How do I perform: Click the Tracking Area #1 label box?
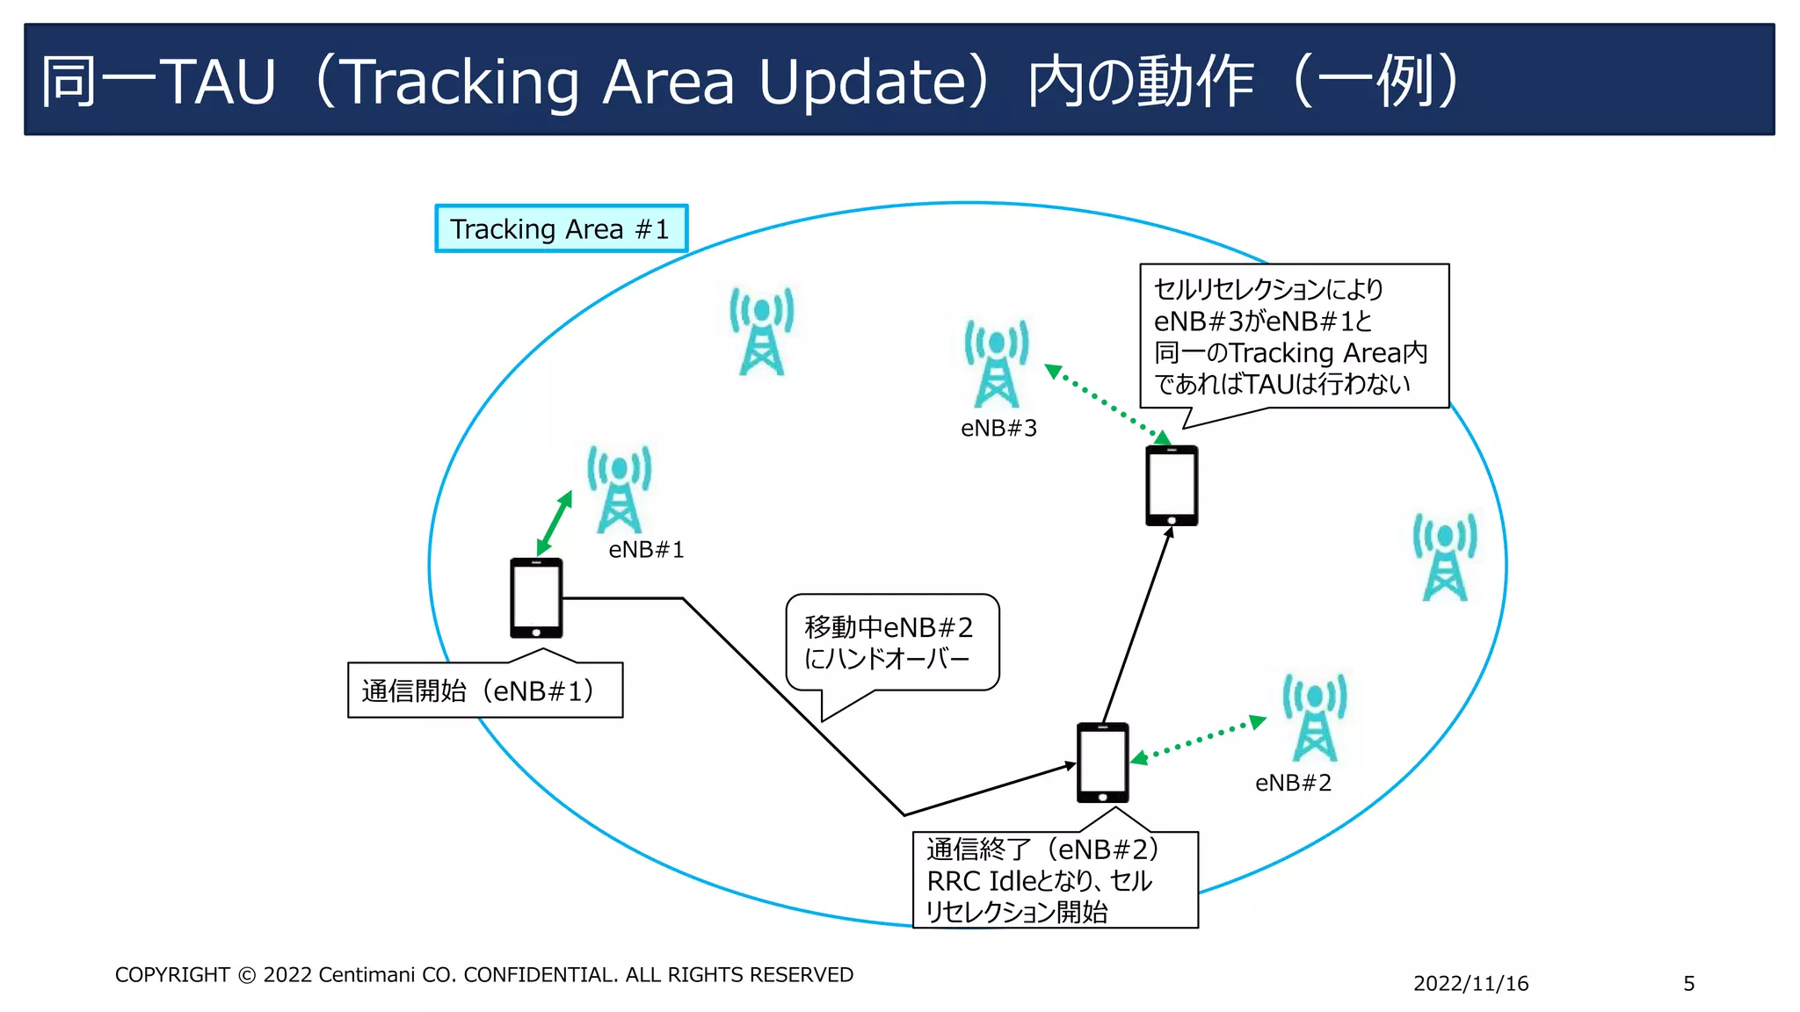561,229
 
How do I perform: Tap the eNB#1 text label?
646,550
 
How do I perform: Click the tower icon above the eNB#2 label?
1315,718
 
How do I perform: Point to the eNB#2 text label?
1293,783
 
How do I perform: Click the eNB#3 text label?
998,429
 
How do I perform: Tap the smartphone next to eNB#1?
536,598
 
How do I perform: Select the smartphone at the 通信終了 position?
1102,763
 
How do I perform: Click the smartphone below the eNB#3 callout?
1172,486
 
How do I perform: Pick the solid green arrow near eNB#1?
555,524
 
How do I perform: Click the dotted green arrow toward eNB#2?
1198,740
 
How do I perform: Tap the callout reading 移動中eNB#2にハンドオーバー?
891,643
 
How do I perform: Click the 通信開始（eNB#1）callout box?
485,690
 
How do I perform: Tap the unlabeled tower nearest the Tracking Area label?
762,331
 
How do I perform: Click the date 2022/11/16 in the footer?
1470,984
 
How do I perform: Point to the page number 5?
1688,984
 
